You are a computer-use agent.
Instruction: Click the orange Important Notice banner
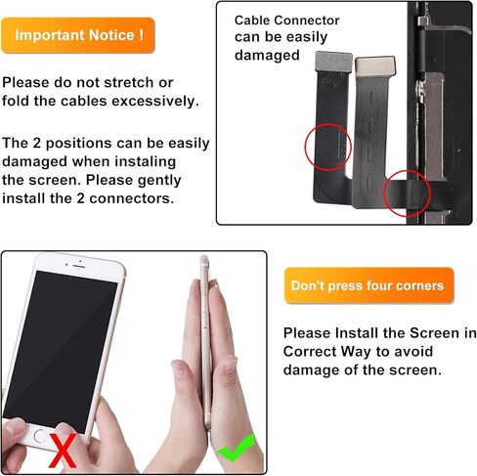tap(77, 34)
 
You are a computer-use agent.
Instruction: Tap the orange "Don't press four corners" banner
tap(368, 286)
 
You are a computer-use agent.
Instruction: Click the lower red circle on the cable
tap(408, 194)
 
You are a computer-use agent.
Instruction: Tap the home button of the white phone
tap(40, 433)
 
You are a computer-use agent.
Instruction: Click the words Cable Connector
tap(286, 20)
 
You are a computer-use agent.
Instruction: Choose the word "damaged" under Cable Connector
tap(267, 56)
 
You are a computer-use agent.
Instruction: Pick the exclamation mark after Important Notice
tap(142, 34)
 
